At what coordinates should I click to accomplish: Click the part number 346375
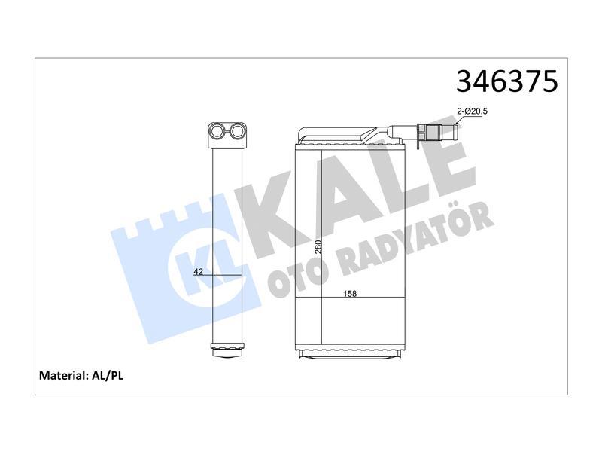point(506,81)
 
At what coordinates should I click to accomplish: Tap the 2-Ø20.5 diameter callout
point(472,111)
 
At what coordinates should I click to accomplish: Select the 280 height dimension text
point(318,247)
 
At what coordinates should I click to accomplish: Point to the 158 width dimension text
point(350,294)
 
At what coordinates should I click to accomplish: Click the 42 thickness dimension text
point(198,272)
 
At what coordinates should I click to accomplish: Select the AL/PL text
point(108,375)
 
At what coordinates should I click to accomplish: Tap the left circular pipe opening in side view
point(217,131)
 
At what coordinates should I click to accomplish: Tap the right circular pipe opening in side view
point(237,131)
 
